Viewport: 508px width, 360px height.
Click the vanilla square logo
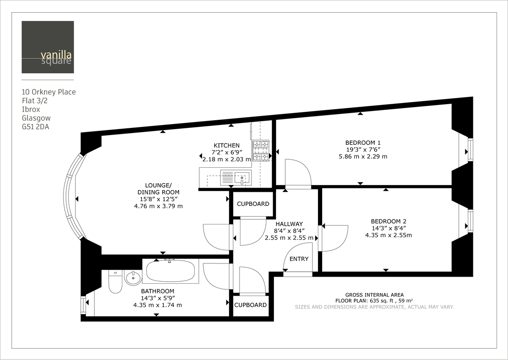[x=48, y=47]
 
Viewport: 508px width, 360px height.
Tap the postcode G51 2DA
[x=36, y=127]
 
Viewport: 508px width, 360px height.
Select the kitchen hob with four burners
[x=261, y=150]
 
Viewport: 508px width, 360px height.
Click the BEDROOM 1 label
[x=360, y=142]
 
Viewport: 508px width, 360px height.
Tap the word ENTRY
[x=299, y=259]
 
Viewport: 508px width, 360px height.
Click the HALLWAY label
[x=289, y=224]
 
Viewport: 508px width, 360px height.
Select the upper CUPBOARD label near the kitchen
[x=253, y=204]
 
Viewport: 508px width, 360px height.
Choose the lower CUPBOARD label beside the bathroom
[x=250, y=305]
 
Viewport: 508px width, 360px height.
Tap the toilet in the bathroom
[x=115, y=282]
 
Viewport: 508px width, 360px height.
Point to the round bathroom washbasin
[x=133, y=278]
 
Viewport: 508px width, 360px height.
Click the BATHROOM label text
[x=157, y=291]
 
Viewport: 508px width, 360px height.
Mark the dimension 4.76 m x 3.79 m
[x=158, y=206]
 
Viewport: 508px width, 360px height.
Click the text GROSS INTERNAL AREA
[x=374, y=295]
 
